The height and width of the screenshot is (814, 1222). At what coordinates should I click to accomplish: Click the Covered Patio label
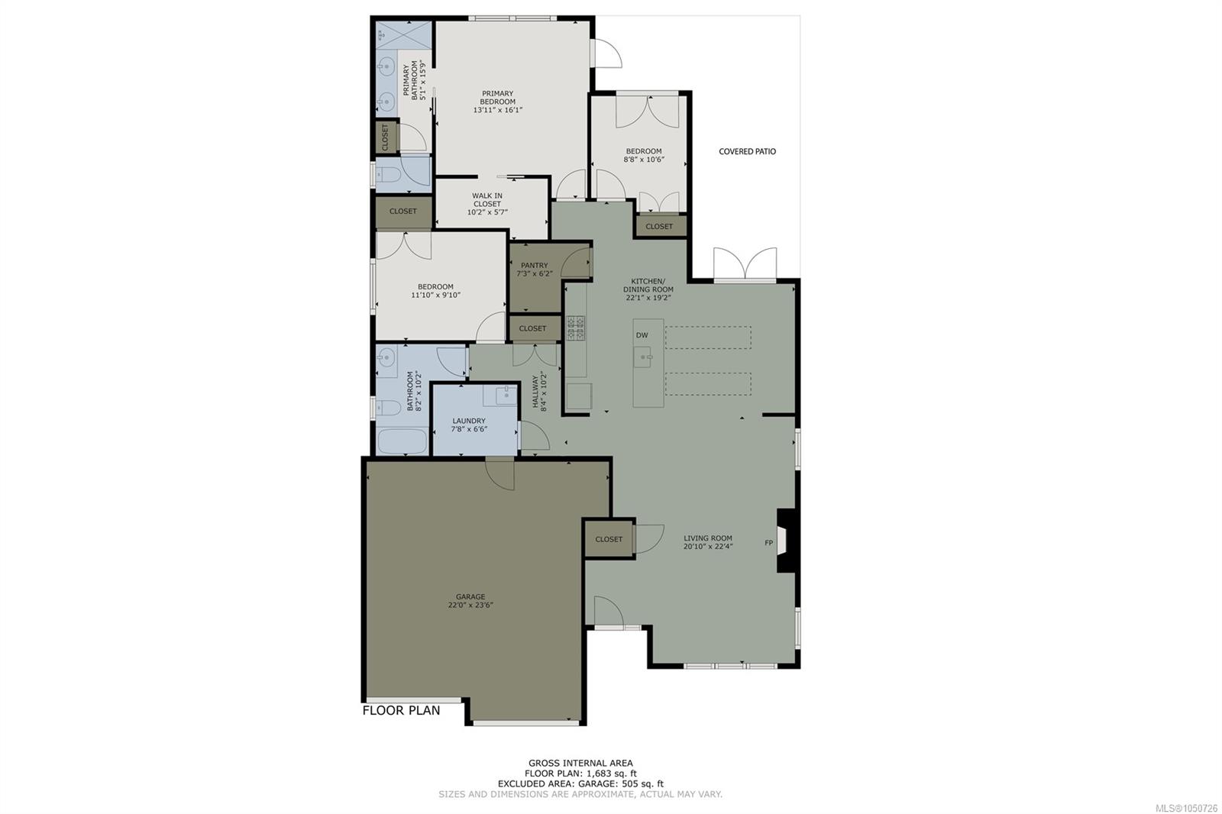click(747, 152)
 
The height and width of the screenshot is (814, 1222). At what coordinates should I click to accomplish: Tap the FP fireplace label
click(768, 543)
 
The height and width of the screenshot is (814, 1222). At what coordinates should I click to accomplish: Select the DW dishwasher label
click(642, 335)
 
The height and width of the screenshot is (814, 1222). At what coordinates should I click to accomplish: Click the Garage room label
click(470, 596)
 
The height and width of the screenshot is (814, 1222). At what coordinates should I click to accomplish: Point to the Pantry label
click(534, 265)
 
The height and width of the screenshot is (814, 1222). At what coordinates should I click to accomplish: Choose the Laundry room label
click(469, 421)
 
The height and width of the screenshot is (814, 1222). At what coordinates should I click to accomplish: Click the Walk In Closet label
click(487, 199)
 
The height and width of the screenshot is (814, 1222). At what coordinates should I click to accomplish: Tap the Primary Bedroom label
click(497, 98)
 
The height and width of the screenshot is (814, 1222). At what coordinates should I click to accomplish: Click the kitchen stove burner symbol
click(576, 328)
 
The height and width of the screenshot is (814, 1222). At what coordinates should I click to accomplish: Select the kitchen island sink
click(642, 357)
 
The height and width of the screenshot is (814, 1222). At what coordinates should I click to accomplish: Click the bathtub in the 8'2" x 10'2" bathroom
click(402, 441)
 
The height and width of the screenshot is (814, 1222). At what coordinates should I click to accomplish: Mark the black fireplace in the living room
click(787, 541)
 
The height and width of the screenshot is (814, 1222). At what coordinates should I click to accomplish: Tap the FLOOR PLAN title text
click(401, 710)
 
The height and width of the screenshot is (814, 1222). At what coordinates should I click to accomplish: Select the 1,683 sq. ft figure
click(611, 773)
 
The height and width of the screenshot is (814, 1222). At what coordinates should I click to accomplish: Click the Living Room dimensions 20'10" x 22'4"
click(707, 546)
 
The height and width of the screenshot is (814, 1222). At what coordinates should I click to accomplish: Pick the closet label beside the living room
click(609, 539)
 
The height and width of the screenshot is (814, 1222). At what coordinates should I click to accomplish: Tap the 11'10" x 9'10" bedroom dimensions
click(435, 296)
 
